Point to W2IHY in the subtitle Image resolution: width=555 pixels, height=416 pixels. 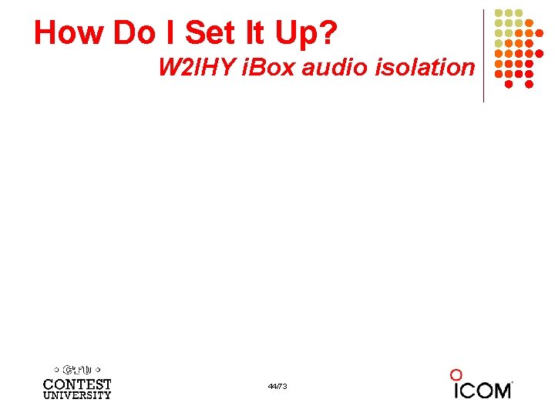(x=196, y=68)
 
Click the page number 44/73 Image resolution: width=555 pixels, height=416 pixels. (x=277, y=386)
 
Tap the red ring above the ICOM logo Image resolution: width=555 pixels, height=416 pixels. (x=456, y=375)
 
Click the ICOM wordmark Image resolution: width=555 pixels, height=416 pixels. (x=482, y=390)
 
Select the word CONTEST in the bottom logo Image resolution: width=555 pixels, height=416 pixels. (x=77, y=384)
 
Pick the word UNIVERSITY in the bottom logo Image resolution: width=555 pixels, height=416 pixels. (x=77, y=395)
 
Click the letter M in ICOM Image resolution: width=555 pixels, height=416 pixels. (x=499, y=391)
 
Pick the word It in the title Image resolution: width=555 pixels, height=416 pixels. (x=259, y=32)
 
